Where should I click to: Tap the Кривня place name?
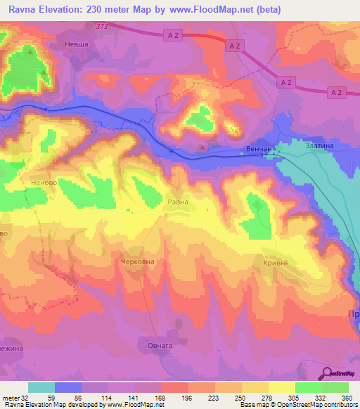tap(276, 261)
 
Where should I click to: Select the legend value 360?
tap(347, 397)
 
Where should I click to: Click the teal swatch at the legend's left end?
tap(41, 387)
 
